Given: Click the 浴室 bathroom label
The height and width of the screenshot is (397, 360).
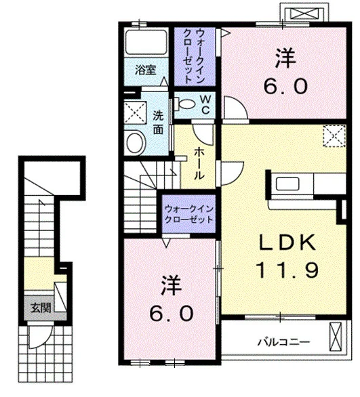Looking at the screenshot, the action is pos(145,70).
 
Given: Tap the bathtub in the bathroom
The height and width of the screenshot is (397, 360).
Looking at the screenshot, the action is pos(146,42).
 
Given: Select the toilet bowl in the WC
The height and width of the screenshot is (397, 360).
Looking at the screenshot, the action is pos(186,104).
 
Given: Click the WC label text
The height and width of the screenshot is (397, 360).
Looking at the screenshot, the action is pos(205,104).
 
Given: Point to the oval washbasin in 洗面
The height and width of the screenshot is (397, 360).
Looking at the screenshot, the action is pos(136,142).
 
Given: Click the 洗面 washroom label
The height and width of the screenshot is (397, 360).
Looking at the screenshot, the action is pos(158,123).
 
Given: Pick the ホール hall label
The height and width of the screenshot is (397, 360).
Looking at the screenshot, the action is pos(199,164).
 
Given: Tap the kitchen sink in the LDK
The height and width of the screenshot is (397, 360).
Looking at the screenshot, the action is pos(287,184).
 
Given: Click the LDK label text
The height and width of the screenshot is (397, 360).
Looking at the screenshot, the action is pos(287,243).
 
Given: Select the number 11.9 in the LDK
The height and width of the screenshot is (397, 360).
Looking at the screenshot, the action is pos(287,270).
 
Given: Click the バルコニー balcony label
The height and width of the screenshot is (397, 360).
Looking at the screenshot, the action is pos(283,342).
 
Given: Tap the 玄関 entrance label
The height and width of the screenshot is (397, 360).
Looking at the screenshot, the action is pos(41,308).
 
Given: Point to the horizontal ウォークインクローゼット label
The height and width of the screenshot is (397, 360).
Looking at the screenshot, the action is pos(188,214).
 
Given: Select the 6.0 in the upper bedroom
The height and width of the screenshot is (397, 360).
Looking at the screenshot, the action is pos(285,86).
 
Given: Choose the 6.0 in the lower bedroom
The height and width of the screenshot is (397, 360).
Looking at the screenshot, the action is pos(171,313).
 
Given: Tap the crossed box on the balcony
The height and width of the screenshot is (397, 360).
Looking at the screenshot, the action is pos(336,337).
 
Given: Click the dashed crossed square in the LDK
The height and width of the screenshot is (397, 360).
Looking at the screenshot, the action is pos(334,136).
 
